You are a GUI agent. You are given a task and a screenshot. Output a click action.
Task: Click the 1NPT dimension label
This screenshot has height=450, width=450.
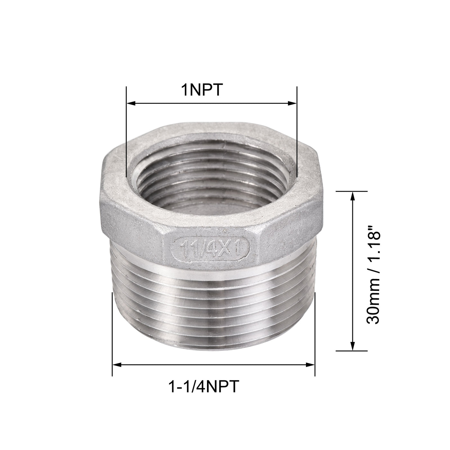202,90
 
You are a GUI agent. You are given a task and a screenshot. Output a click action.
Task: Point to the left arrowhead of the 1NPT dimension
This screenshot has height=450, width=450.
130,103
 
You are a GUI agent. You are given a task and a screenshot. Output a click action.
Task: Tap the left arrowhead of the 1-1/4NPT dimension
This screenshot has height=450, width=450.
116,364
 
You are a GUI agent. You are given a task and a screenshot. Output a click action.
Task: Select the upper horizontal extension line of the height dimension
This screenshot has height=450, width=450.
352,191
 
